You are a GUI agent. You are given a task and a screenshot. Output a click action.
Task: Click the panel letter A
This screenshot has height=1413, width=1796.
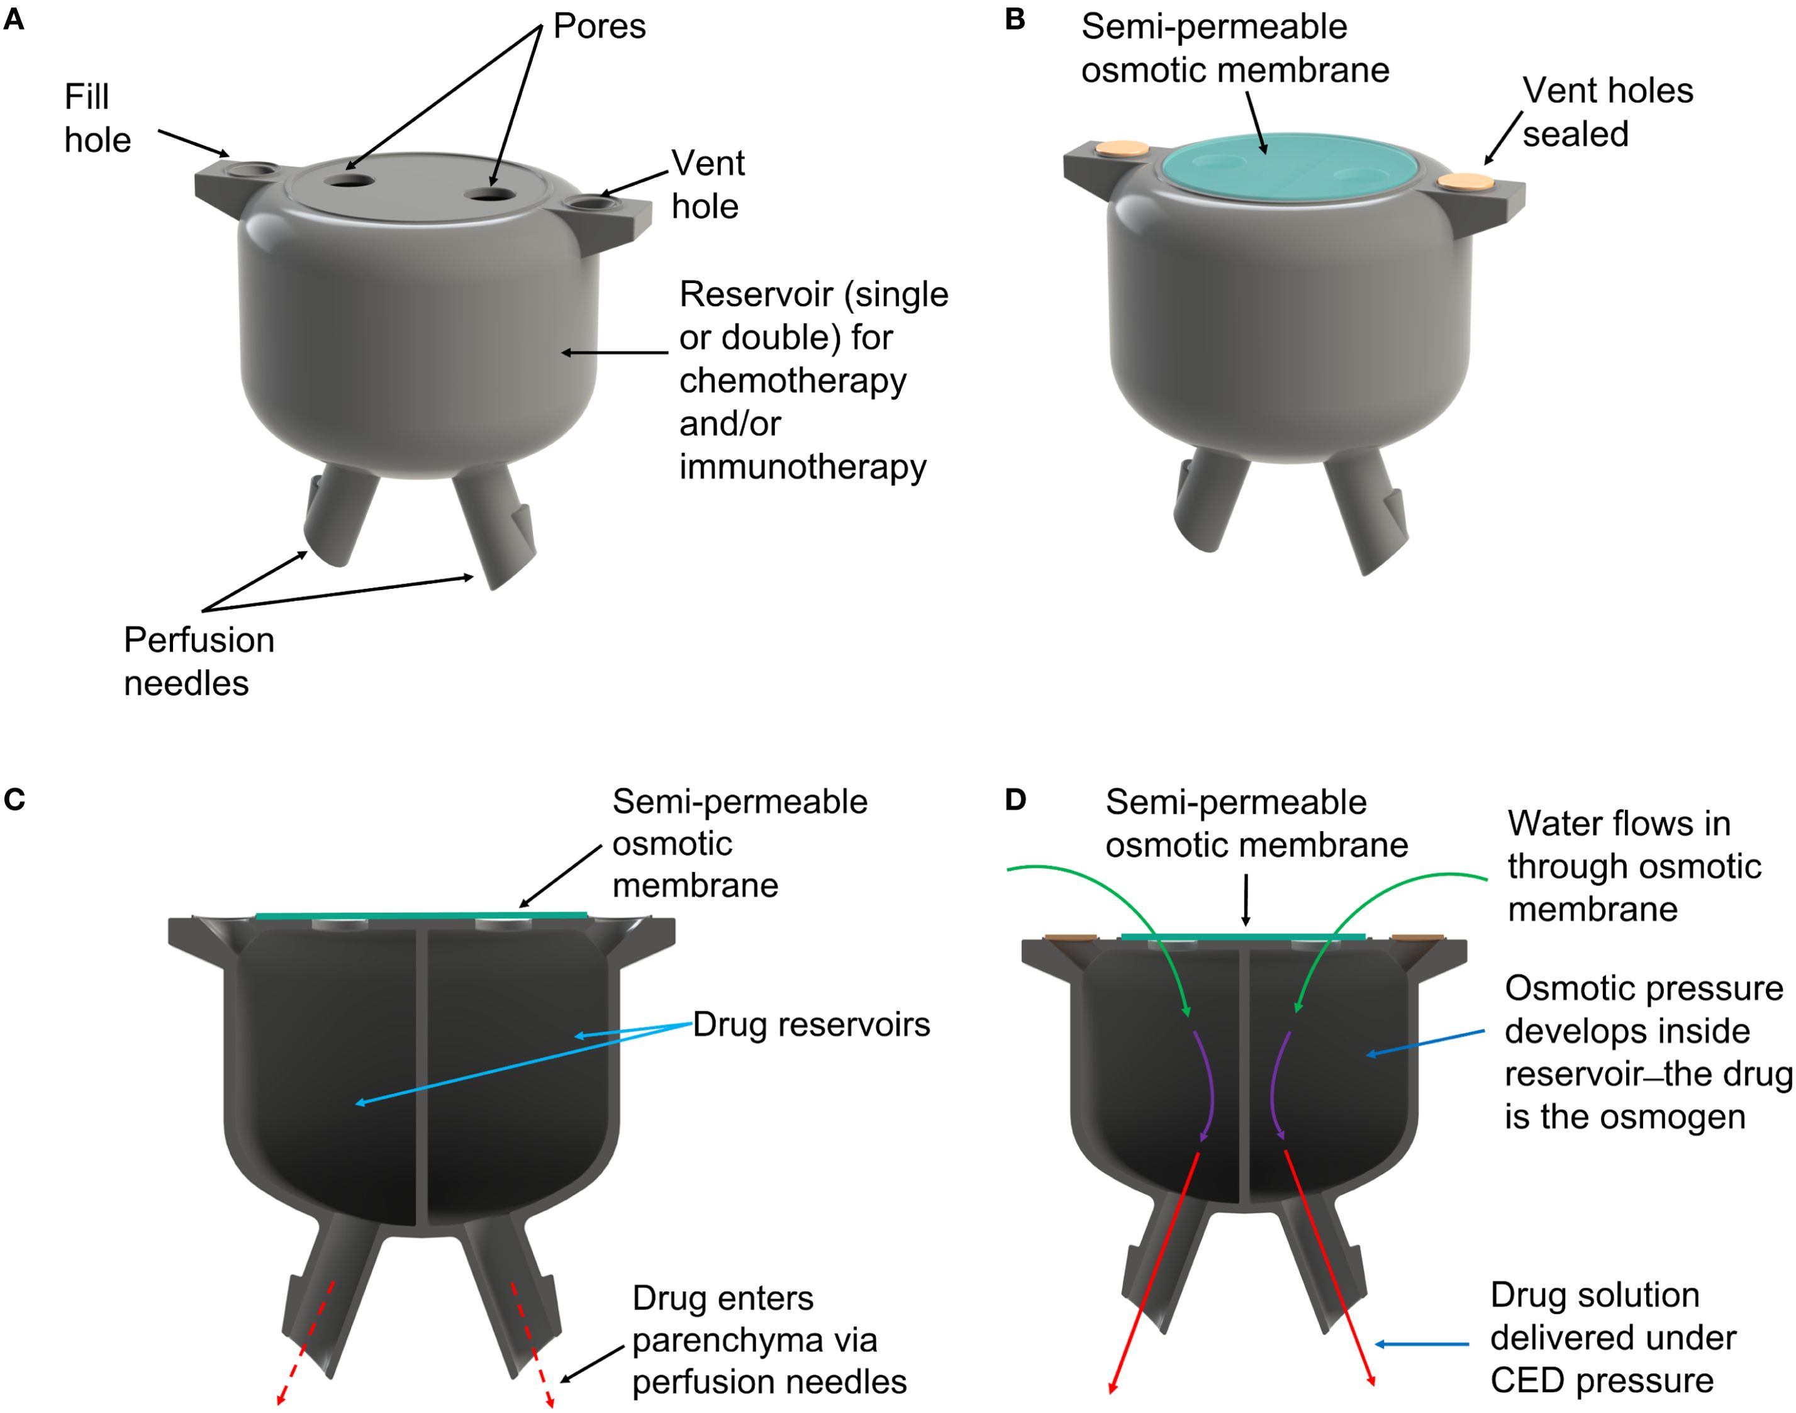coord(14,19)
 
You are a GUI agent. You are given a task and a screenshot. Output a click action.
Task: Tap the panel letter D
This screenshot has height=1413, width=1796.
coord(1015,800)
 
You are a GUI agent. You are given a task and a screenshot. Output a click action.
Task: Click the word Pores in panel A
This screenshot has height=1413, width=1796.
coord(599,26)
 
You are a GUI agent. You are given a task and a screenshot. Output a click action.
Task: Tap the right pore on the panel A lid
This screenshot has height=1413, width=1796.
coord(491,195)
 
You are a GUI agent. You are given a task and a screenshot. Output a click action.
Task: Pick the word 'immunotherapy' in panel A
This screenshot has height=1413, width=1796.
coord(803,467)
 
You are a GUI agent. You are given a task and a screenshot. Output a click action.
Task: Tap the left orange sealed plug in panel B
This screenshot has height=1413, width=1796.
coord(1121,149)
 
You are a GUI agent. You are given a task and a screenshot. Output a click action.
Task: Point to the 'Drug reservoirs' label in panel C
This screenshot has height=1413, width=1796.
coord(811,1025)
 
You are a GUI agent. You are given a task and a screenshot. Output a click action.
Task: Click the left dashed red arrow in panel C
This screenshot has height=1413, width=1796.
coord(306,1342)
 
